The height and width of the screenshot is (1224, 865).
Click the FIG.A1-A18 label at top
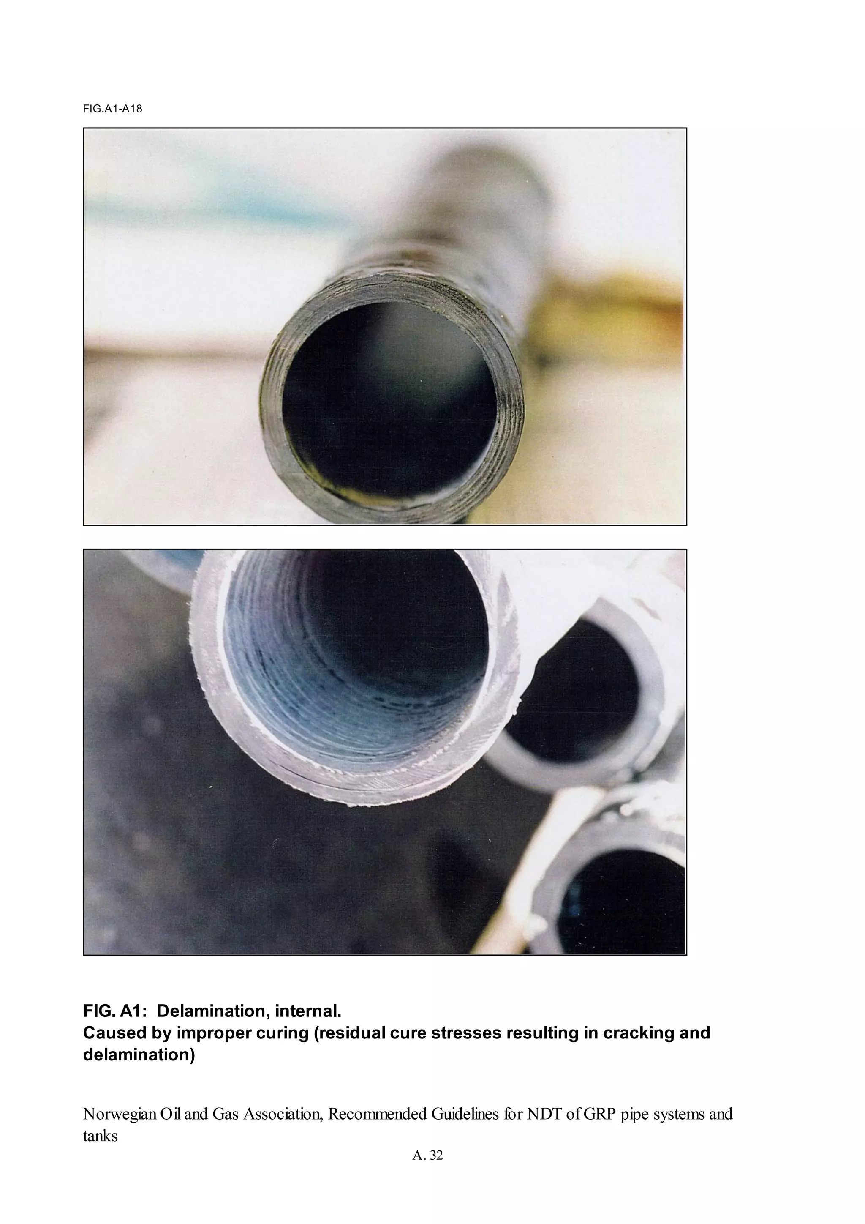click(112, 109)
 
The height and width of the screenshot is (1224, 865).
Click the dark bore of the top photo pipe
click(389, 400)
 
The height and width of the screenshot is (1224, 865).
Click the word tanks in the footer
click(100, 1136)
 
